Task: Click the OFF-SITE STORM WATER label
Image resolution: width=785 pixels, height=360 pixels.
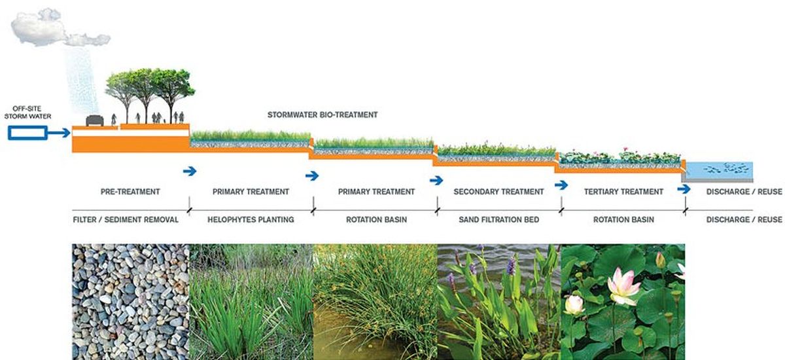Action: click(x=27, y=113)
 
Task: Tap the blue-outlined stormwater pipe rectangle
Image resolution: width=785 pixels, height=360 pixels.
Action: click(x=27, y=134)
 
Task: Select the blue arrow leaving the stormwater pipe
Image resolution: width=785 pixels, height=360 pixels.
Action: click(x=60, y=134)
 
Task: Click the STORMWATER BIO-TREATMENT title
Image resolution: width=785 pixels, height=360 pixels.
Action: click(x=323, y=115)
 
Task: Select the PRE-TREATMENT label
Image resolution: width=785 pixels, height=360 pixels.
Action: click(x=130, y=192)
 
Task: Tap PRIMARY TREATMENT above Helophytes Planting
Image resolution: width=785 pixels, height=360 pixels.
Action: click(x=251, y=192)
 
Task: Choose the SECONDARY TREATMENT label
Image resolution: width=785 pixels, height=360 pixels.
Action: click(x=498, y=192)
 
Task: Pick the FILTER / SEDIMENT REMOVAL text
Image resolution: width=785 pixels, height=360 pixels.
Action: click(x=126, y=220)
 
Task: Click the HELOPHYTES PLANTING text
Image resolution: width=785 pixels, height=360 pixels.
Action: click(x=251, y=220)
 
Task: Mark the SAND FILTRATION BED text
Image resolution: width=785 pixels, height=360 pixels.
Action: click(x=498, y=220)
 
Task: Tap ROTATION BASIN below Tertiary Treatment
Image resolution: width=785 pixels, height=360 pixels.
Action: click(x=623, y=220)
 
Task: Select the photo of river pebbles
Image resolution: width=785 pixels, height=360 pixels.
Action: click(x=131, y=301)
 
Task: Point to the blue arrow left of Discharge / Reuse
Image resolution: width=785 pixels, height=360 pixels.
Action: click(x=684, y=189)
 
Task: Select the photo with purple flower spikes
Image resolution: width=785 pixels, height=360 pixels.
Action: click(x=498, y=301)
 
